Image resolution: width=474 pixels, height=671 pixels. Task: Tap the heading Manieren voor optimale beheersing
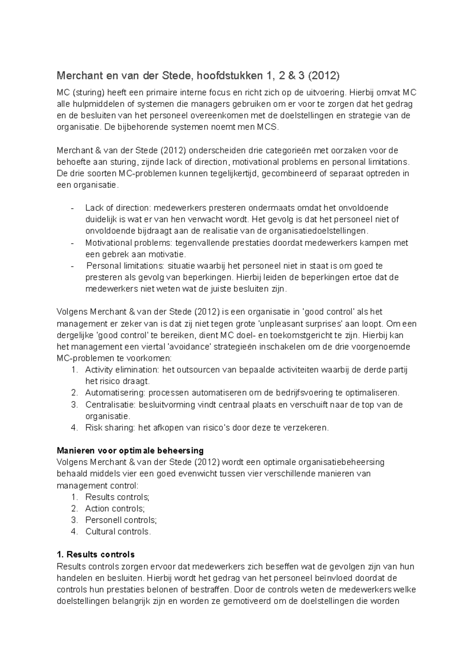click(x=130, y=450)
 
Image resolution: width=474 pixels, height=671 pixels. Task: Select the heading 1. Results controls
click(x=96, y=554)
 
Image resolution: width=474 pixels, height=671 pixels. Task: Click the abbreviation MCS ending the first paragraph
click(x=267, y=128)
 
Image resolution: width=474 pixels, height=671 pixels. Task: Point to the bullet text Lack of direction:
click(x=118, y=208)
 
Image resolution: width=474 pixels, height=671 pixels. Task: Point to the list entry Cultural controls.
click(x=118, y=532)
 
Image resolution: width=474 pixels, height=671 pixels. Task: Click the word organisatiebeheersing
click(x=341, y=462)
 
